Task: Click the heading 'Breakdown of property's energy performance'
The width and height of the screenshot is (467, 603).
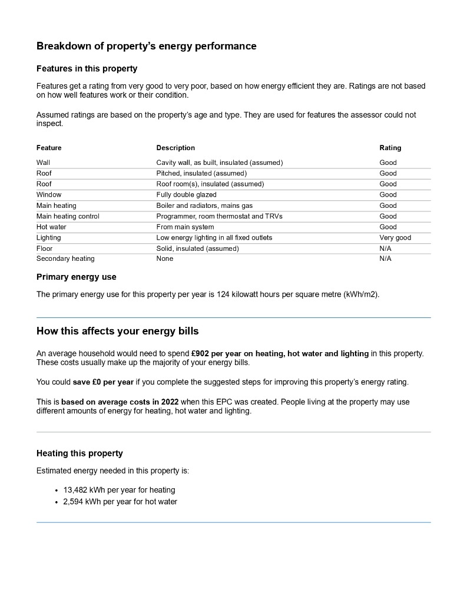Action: tap(146, 46)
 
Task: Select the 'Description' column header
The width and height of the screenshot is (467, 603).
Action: tap(175, 148)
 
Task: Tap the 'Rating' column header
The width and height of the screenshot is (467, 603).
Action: tap(390, 148)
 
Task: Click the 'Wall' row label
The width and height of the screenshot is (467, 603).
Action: tap(43, 163)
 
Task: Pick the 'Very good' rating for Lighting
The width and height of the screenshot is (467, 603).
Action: tap(395, 238)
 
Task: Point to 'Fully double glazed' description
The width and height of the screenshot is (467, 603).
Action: tap(186, 195)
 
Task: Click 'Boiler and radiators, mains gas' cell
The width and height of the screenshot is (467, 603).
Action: tap(204, 206)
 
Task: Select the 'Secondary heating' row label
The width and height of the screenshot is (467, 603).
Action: tap(65, 259)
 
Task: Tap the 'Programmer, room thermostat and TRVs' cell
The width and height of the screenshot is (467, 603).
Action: tap(219, 216)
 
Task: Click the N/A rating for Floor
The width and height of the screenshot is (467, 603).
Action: tap(385, 249)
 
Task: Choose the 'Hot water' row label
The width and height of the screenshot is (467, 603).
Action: tap(51, 227)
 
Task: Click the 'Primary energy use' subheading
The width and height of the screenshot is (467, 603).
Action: tap(77, 277)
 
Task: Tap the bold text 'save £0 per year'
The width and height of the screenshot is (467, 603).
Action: tap(103, 382)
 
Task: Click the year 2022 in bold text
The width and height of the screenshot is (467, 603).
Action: tap(170, 402)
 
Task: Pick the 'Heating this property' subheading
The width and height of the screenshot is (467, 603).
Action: tap(80, 453)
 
